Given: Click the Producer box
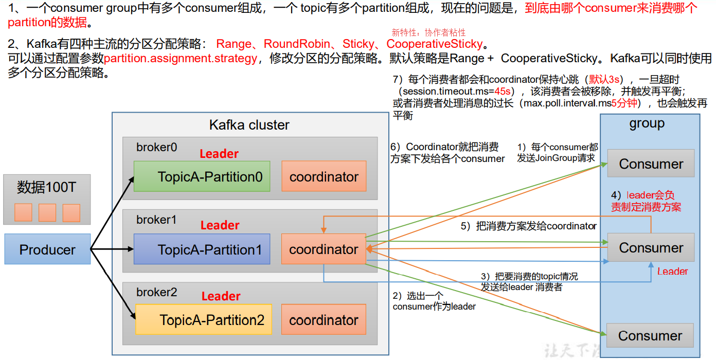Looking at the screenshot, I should pyautogui.click(x=47, y=249).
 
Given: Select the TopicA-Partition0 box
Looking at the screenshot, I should pyautogui.click(x=202, y=176).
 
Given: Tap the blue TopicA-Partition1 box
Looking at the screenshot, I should pyautogui.click(x=202, y=249).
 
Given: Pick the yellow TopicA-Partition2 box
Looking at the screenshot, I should pyautogui.click(x=204, y=320).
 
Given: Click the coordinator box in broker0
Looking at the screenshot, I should pyautogui.click(x=324, y=176).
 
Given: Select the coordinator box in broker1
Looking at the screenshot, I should pyautogui.click(x=324, y=249).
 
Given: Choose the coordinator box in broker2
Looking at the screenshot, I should pyautogui.click(x=324, y=320).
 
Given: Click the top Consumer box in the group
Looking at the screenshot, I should pyautogui.click(x=651, y=164).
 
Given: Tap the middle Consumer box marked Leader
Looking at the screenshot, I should pyautogui.click(x=651, y=247).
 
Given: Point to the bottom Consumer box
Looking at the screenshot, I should pyautogui.click(x=650, y=335).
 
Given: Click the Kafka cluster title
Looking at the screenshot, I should pyautogui.click(x=249, y=125).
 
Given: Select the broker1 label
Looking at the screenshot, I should pyautogui.click(x=156, y=220).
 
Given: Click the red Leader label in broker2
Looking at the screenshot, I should pyautogui.click(x=221, y=296).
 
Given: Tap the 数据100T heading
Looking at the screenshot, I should pyautogui.click(x=46, y=188).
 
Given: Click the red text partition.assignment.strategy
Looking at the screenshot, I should pyautogui.click(x=180, y=59).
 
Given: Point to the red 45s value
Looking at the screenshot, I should pyautogui.click(x=502, y=91).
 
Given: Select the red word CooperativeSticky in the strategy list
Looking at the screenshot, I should pyautogui.click(x=435, y=44).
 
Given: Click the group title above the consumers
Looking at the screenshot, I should pyautogui.click(x=647, y=124).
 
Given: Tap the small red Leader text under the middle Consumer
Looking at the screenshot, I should pyautogui.click(x=672, y=272).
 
